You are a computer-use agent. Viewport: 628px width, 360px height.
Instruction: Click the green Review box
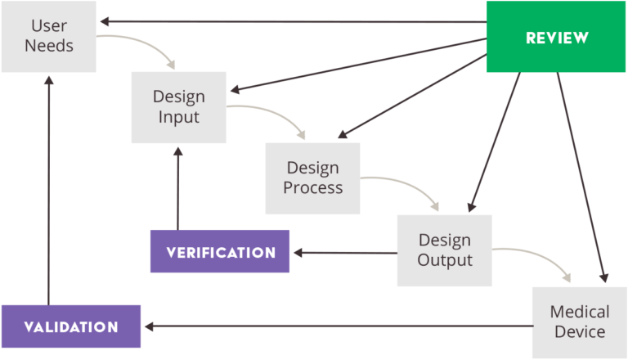[x=556, y=37]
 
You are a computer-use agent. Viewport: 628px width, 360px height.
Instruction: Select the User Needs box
[x=48, y=36]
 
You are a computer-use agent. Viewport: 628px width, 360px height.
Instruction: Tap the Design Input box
[x=178, y=106]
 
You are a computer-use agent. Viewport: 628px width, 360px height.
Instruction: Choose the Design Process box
[x=312, y=178]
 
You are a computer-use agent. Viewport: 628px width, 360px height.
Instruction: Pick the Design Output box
[x=444, y=250]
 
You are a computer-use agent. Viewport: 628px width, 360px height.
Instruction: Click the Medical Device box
[x=579, y=321]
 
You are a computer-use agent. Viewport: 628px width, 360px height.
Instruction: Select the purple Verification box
[x=220, y=251]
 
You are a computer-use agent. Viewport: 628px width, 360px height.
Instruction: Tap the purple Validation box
[x=70, y=326]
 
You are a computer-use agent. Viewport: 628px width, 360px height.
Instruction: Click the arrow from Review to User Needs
[x=294, y=21]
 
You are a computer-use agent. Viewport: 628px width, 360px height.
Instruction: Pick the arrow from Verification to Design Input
[x=177, y=188]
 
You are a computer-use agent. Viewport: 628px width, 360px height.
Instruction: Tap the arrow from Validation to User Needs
[x=48, y=188]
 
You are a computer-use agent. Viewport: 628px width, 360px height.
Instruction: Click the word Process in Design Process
[x=312, y=187]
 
